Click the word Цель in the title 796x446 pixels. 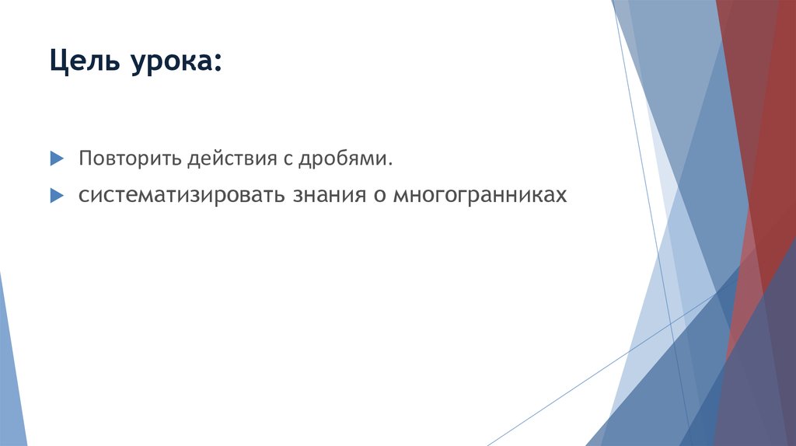tap(80, 61)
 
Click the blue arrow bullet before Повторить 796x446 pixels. tap(56, 159)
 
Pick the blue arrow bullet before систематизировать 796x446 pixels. tap(56, 195)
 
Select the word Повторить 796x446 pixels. tap(129, 159)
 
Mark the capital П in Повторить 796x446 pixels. tap(83, 159)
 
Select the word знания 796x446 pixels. tap(327, 195)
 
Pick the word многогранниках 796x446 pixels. tap(480, 195)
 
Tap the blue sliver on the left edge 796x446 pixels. tap(11, 365)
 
